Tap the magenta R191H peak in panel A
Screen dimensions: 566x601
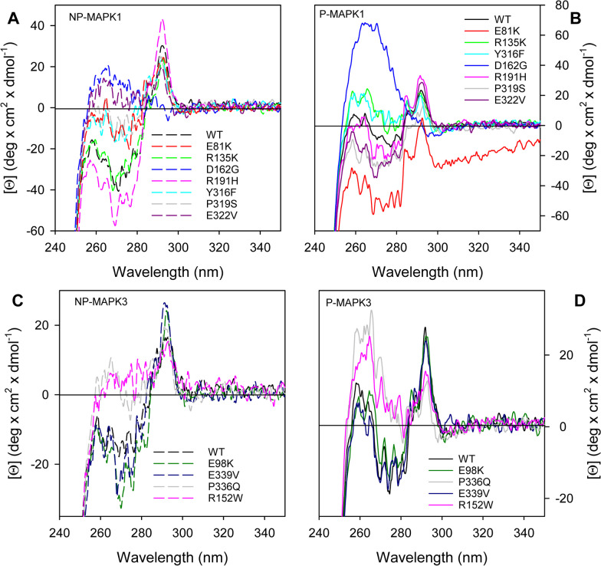tap(162, 21)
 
